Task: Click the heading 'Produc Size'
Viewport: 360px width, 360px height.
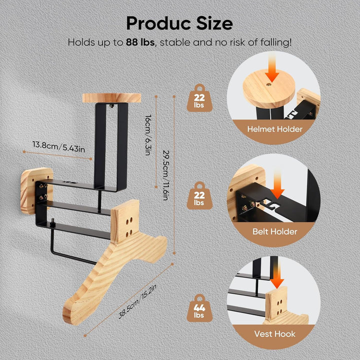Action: [x=179, y=23]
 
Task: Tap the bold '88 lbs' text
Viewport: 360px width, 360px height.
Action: [x=140, y=42]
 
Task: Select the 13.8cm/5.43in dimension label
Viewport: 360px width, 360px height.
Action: [x=59, y=147]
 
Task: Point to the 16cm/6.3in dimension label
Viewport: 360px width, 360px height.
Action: [x=148, y=135]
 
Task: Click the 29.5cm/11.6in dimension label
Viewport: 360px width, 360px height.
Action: [x=166, y=175]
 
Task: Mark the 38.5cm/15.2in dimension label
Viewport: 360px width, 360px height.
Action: [x=137, y=301]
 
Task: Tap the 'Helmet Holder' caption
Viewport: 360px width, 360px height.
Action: [x=274, y=129]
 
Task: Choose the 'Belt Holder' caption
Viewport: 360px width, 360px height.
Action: [x=275, y=231]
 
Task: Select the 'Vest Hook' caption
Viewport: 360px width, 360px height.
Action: [x=274, y=334]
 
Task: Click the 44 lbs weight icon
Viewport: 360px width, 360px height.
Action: [x=199, y=308]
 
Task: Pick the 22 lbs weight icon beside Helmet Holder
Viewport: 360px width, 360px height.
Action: [x=199, y=98]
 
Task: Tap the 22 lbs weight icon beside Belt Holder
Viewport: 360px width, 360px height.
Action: [x=199, y=196]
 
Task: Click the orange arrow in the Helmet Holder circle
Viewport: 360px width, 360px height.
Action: [x=272, y=67]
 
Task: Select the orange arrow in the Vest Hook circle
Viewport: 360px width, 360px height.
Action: [x=277, y=275]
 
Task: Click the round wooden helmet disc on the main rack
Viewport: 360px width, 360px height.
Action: [x=111, y=98]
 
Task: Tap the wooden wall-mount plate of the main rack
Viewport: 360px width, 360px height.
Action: [x=36, y=190]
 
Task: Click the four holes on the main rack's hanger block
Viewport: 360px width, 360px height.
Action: [x=129, y=227]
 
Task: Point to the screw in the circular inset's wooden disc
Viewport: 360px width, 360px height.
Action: [x=268, y=84]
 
